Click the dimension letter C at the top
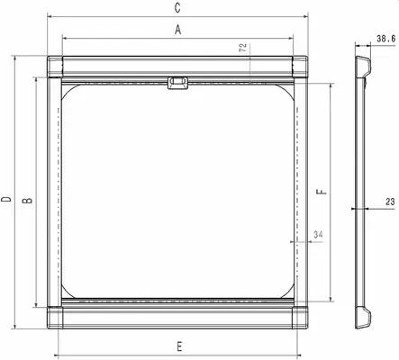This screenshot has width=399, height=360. pyautogui.click(x=178, y=7)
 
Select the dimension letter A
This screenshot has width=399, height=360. pyautogui.click(x=178, y=31)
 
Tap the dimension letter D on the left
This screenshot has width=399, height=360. pyautogui.click(x=6, y=199)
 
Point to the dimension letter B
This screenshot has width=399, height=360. pyautogui.click(x=28, y=199)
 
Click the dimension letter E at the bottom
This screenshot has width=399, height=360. pyautogui.click(x=178, y=346)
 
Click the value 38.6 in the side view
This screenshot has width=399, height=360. pyautogui.click(x=385, y=39)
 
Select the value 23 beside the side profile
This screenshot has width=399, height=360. pyautogui.click(x=388, y=202)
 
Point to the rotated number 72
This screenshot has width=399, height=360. pyautogui.click(x=242, y=48)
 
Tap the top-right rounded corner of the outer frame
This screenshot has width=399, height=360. pyautogui.click(x=309, y=58)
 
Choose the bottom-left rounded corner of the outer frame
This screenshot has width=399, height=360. pyautogui.click(x=49, y=328)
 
